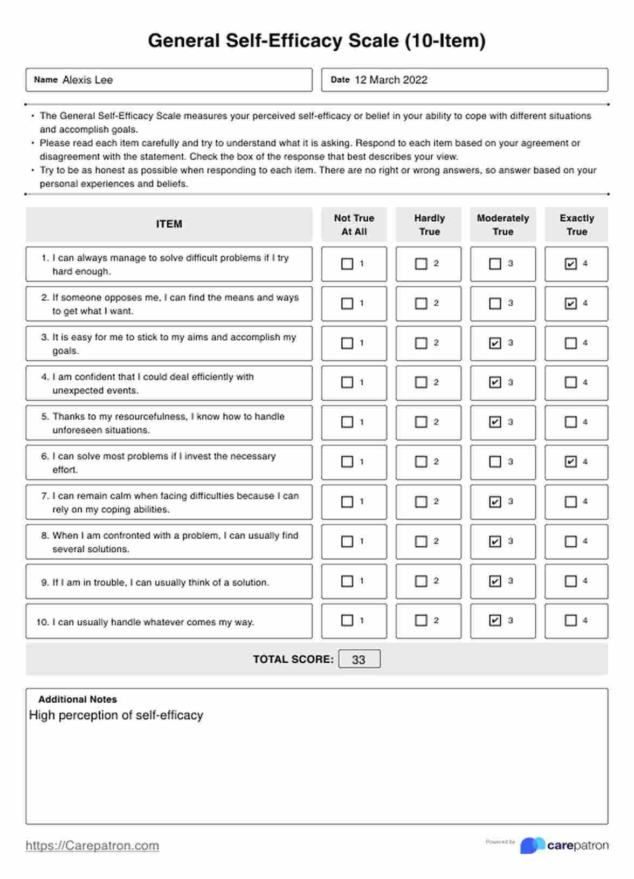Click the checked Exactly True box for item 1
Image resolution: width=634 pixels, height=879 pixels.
coord(570,264)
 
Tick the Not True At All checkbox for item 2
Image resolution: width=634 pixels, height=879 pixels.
coord(347,304)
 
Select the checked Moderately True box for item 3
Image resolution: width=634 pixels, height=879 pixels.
coord(495,343)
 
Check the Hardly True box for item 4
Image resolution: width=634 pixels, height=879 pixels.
coord(421,382)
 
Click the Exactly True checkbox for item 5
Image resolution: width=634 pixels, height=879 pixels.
coord(570,422)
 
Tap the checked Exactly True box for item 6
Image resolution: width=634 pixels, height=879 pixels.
coord(570,462)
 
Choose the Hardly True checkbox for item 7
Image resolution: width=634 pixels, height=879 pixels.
coord(421,502)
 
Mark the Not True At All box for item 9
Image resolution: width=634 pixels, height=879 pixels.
coord(347,581)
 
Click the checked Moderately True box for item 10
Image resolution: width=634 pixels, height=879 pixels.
coord(495,620)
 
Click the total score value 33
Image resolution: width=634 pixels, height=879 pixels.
coord(359,659)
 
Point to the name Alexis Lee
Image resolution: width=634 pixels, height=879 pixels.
coord(87,80)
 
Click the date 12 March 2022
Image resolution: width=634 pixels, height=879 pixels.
coord(391,80)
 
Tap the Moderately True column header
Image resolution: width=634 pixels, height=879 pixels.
coord(503,224)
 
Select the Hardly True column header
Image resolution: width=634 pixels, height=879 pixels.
coord(429,224)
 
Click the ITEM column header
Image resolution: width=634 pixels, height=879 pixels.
coord(169,224)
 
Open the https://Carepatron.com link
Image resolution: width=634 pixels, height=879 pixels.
coord(92,846)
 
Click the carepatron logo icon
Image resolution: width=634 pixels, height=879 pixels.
coord(532,845)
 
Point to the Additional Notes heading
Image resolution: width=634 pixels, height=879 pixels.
coord(78,699)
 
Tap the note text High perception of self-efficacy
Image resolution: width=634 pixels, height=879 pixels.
coord(116,715)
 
